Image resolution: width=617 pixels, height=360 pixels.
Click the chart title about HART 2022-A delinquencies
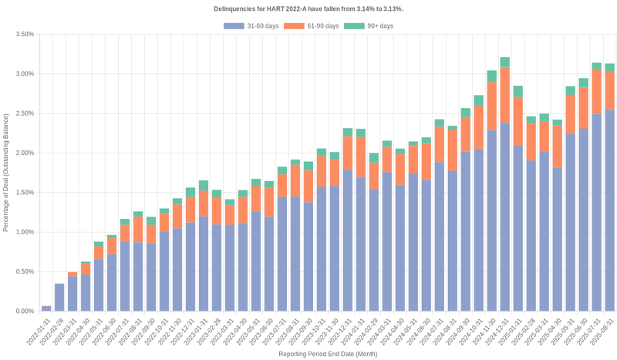tap(308, 8)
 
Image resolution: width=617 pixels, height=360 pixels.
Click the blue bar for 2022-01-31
tap(46, 308)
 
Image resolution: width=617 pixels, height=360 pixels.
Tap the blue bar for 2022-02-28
tap(59, 298)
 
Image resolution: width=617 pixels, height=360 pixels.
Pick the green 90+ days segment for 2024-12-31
tap(505, 62)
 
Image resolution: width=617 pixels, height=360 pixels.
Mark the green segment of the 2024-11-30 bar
tap(491, 76)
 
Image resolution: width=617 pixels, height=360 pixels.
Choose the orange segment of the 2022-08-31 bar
tap(137, 230)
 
